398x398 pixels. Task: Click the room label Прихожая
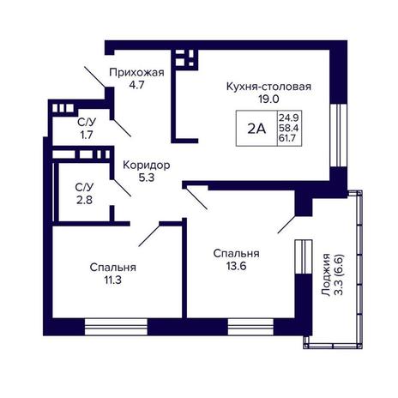coord(136,73)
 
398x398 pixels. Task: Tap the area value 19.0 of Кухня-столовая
coord(268,99)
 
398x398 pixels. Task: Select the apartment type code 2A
coord(256,129)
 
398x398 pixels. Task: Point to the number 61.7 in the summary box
coord(287,138)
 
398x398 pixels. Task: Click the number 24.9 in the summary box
coord(289,118)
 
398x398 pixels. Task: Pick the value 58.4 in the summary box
coord(289,128)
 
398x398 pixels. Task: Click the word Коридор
coord(147,165)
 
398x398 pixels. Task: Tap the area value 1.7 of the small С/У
coord(87,135)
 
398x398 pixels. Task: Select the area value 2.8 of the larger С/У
coord(84,200)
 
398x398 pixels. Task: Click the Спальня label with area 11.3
coord(112,268)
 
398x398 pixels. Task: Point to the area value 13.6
coord(237,266)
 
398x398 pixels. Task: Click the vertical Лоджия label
coord(326,274)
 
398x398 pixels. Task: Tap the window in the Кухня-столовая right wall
coord(339,135)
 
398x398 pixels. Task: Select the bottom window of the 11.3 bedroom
coord(116,327)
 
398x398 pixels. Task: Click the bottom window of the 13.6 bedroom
coord(250,327)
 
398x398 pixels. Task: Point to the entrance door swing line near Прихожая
coord(95,77)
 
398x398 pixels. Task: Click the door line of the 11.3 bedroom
coord(149,236)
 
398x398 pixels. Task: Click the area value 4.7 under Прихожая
coord(137,85)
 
